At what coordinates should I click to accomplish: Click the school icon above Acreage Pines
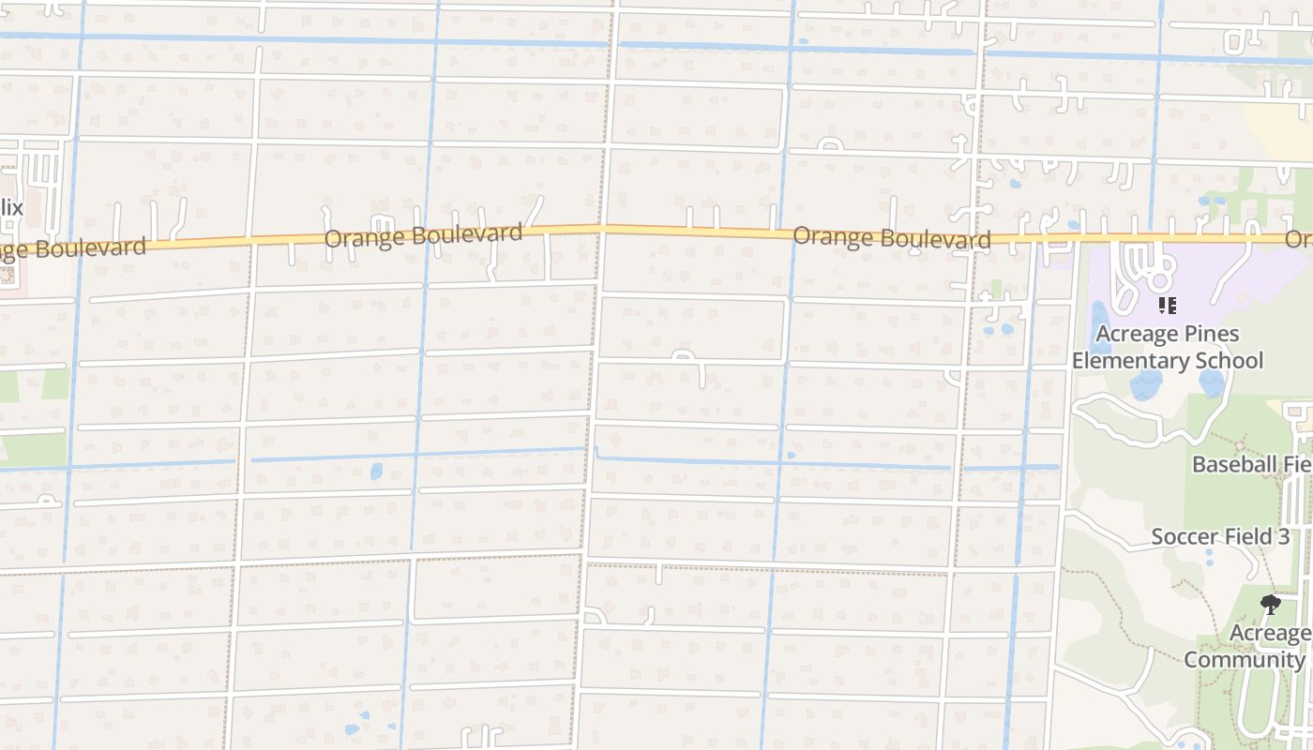pyautogui.click(x=1168, y=306)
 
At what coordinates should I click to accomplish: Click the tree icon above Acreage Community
pyautogui.click(x=1271, y=605)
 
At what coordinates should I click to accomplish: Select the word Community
pyautogui.click(x=1244, y=659)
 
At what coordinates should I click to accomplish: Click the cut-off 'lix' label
pyautogui.click(x=11, y=207)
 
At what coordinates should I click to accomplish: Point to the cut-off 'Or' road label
pyautogui.click(x=1299, y=240)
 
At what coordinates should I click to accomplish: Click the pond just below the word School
pyautogui.click(x=1212, y=382)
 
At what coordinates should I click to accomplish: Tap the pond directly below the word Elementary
pyautogui.click(x=1144, y=384)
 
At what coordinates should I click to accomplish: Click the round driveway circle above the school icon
pyautogui.click(x=1161, y=280)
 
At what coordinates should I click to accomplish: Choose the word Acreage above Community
pyautogui.click(x=1271, y=634)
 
